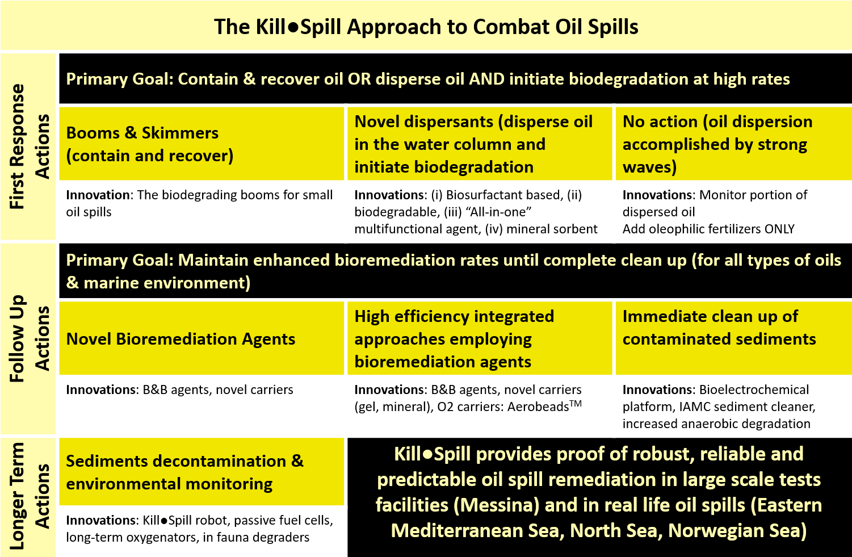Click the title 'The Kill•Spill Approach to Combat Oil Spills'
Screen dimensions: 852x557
[x=426, y=27]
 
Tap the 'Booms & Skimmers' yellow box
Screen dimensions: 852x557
[x=202, y=144]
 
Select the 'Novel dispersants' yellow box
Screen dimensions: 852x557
[x=480, y=144]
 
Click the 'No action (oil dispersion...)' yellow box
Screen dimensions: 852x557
[x=734, y=144]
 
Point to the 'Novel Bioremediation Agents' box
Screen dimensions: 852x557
[x=202, y=338]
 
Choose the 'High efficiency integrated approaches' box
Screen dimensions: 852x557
[x=480, y=338]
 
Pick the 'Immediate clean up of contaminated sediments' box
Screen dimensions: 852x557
[x=734, y=338]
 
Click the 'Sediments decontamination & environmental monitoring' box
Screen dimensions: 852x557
[x=202, y=472]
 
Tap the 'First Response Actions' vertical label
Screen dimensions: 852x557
[x=30, y=146]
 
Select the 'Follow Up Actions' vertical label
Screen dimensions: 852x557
[x=30, y=338]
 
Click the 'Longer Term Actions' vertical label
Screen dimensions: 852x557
[x=30, y=496]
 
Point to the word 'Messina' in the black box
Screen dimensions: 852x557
[x=496, y=505]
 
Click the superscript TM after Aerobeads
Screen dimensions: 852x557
[x=576, y=403]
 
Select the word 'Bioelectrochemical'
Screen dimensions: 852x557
[x=754, y=390]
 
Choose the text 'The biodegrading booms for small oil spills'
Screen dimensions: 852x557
[x=199, y=203]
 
